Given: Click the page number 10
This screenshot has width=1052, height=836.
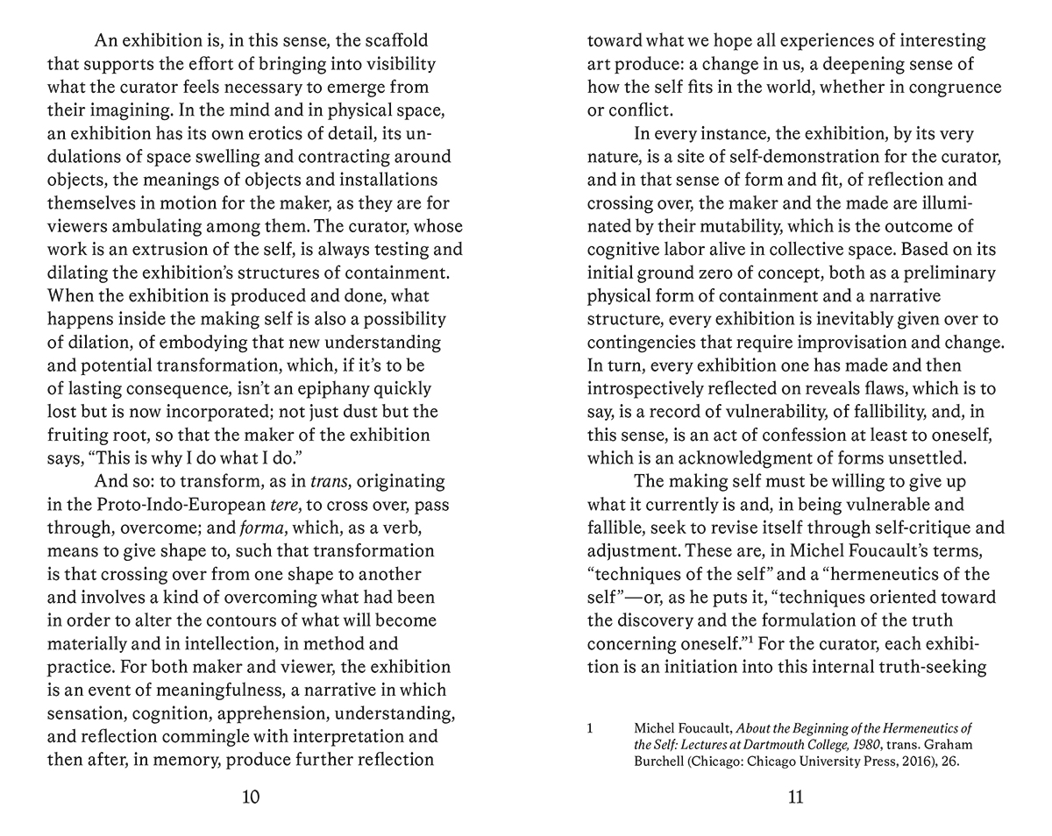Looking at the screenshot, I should click(251, 797).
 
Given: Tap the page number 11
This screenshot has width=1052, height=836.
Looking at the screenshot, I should click(795, 797).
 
